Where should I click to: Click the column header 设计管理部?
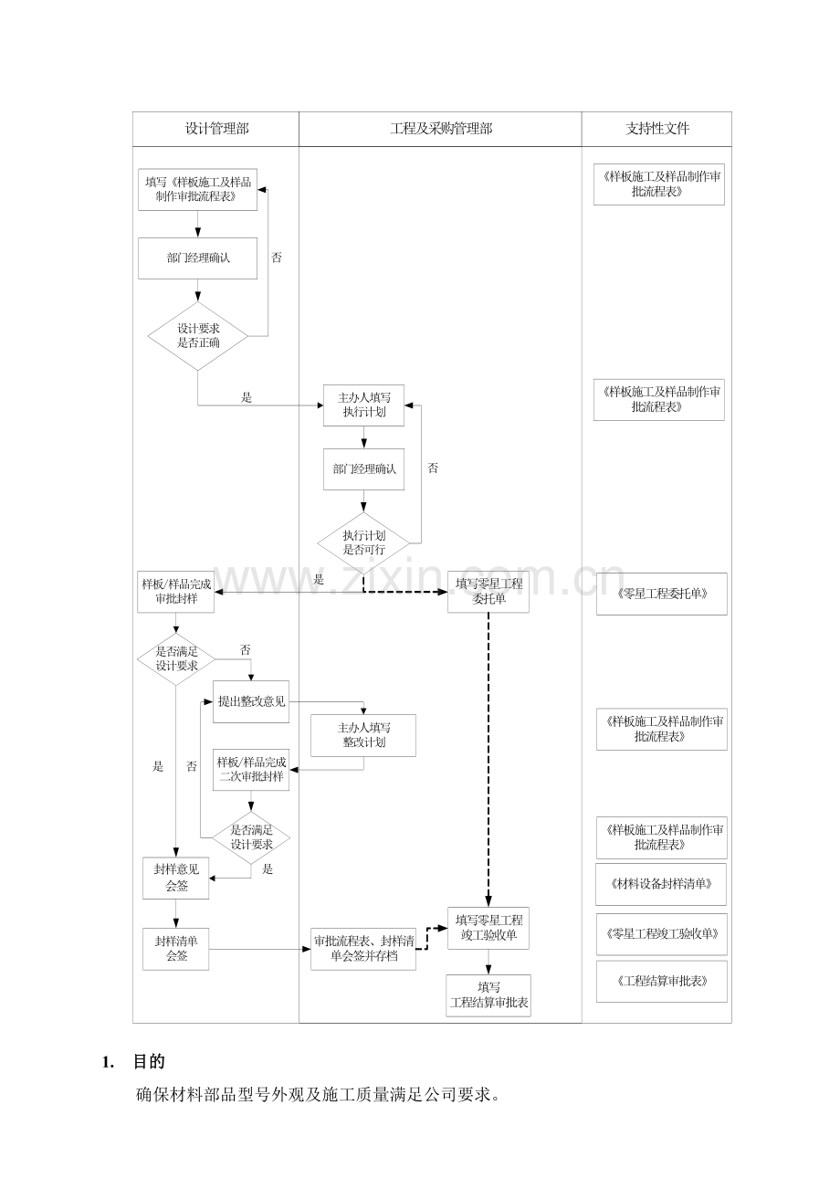click(x=216, y=129)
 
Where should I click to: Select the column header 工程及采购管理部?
click(x=440, y=129)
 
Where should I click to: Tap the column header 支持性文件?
click(x=656, y=129)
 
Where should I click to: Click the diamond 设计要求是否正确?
click(x=198, y=337)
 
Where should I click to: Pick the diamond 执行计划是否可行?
click(x=363, y=542)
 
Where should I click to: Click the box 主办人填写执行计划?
click(x=363, y=405)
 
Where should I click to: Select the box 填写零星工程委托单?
click(x=488, y=592)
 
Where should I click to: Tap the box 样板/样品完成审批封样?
click(x=175, y=591)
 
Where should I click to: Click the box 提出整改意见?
click(x=251, y=701)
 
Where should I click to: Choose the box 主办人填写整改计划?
click(x=363, y=735)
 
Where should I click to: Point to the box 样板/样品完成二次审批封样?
click(x=251, y=770)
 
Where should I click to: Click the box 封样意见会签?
click(x=176, y=878)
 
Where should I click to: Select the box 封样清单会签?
click(x=176, y=949)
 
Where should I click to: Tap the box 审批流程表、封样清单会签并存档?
click(x=363, y=949)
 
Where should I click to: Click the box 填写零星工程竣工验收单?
click(x=488, y=928)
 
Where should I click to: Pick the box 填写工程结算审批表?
click(x=488, y=994)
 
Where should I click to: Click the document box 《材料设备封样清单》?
click(x=661, y=884)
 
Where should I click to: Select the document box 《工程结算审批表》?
click(x=661, y=982)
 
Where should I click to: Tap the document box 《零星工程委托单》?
click(x=661, y=594)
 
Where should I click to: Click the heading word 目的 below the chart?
click(x=149, y=1062)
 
